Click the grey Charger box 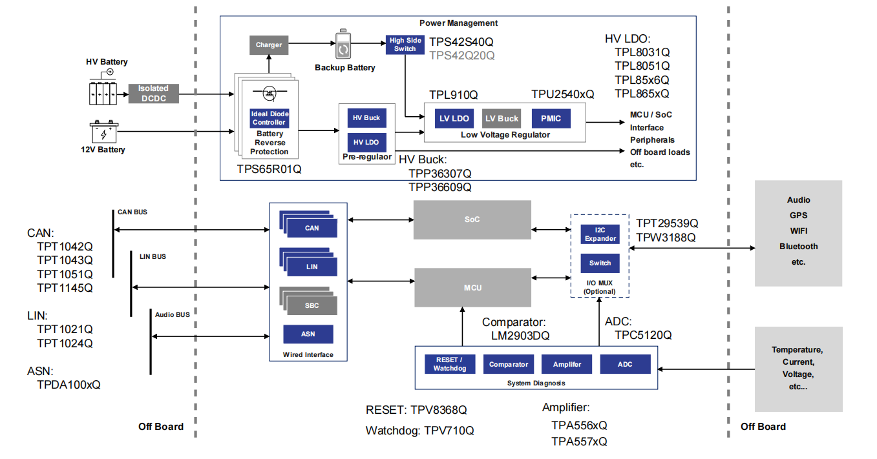click(269, 45)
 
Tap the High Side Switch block click(405, 45)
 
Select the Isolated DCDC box click(153, 93)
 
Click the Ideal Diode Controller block click(269, 118)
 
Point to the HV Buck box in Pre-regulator click(366, 117)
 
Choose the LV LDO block click(454, 118)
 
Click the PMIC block click(551, 118)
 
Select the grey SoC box click(472, 219)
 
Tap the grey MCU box click(472, 287)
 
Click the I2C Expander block click(600, 234)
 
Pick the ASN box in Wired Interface click(308, 334)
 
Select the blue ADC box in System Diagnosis click(625, 364)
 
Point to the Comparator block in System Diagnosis click(509, 364)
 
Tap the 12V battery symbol click(104, 132)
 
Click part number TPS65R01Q click(269, 169)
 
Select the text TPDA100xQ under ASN click(69, 385)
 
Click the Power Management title click(458, 23)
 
